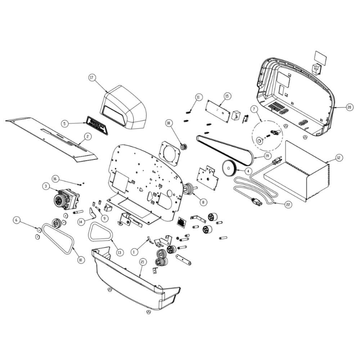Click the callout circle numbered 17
tap(92, 77)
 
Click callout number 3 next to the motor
tap(46, 186)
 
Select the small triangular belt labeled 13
tap(100, 233)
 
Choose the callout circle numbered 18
tap(168, 123)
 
